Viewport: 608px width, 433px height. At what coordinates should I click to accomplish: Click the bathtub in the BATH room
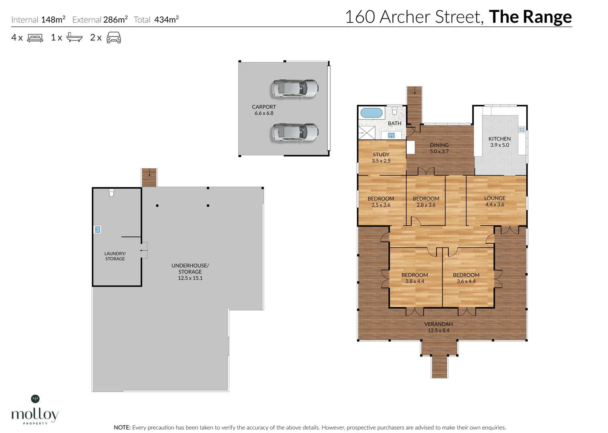[371, 113]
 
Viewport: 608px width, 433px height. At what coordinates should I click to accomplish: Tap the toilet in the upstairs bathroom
[395, 111]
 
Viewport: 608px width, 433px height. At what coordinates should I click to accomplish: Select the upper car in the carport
[295, 89]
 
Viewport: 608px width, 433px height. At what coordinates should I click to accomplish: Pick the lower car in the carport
[295, 132]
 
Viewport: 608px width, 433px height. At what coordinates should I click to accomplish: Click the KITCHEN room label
[499, 139]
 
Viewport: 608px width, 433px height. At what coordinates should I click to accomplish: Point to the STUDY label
[381, 154]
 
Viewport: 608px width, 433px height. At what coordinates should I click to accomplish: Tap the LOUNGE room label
[495, 198]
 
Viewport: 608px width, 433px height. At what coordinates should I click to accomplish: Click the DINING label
[439, 145]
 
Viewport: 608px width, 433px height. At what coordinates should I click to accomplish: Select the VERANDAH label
[438, 324]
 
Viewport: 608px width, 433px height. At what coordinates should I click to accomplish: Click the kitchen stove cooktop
[522, 129]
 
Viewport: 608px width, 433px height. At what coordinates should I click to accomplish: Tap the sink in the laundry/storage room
[98, 230]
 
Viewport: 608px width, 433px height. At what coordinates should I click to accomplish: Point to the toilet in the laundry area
[111, 193]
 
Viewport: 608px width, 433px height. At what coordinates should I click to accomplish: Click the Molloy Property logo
[35, 410]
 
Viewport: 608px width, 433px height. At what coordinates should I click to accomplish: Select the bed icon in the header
[35, 38]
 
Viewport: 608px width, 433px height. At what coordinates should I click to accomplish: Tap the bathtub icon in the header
[75, 37]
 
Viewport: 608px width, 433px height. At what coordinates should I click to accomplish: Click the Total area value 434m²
[166, 19]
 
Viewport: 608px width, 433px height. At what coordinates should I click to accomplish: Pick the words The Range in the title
[530, 17]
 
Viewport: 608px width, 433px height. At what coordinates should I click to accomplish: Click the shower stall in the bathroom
[367, 133]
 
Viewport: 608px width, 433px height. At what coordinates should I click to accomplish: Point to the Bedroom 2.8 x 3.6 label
[426, 202]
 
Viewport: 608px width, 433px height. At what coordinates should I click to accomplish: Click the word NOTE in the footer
[122, 427]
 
